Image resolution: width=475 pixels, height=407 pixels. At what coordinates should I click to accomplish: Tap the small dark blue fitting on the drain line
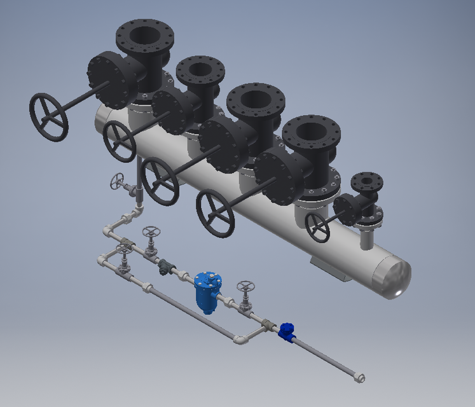286,331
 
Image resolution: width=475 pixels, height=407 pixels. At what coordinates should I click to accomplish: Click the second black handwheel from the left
120,142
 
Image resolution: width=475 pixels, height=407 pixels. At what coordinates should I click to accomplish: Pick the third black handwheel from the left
160,181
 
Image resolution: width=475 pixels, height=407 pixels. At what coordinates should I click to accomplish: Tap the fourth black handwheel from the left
215,213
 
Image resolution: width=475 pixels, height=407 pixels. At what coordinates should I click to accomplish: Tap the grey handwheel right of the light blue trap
245,288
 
